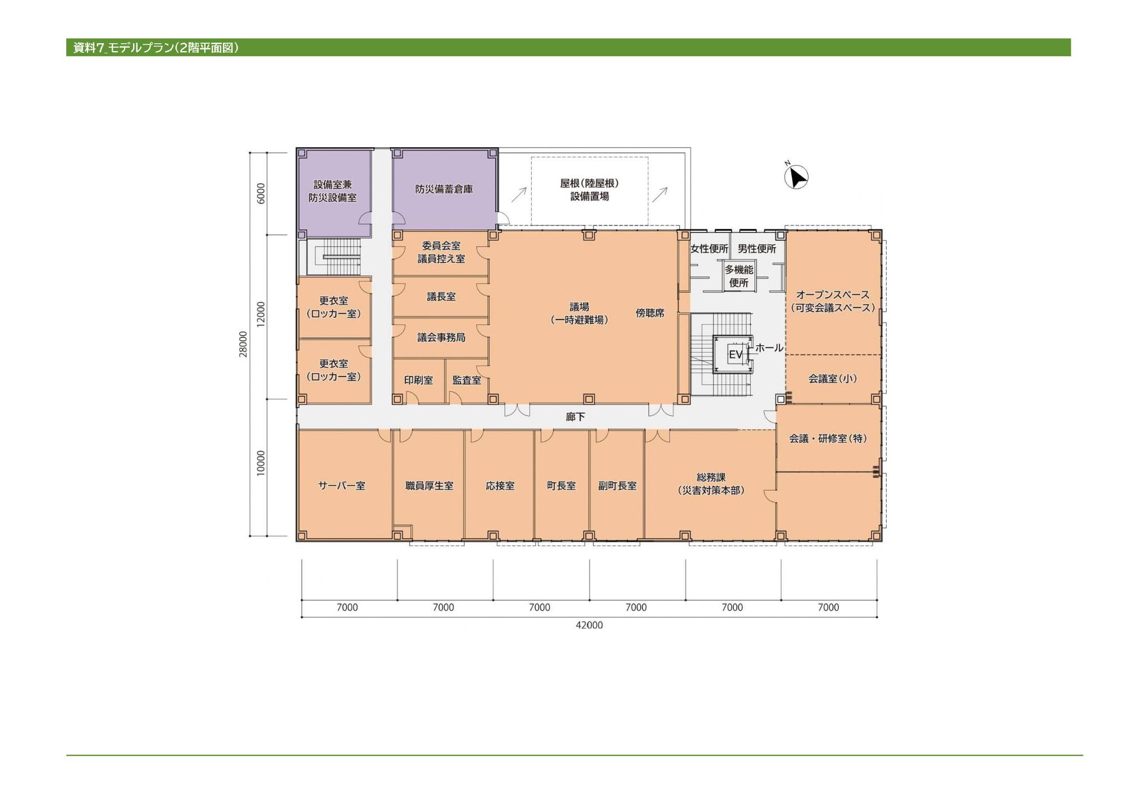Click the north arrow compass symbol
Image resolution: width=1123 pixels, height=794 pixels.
(x=796, y=177)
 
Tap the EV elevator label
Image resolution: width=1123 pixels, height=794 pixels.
(x=736, y=355)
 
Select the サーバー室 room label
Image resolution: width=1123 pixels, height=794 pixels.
(x=341, y=486)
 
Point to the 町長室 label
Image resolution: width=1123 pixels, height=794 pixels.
(x=561, y=486)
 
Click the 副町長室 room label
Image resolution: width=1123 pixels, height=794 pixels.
(x=617, y=486)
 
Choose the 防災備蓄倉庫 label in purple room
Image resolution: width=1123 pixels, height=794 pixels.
(x=444, y=189)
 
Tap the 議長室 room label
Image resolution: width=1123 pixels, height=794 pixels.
(x=441, y=296)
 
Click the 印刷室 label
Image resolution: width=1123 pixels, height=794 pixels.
(x=418, y=380)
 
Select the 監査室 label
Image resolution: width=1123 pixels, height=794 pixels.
(x=467, y=380)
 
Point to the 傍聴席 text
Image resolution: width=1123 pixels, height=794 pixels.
(x=650, y=313)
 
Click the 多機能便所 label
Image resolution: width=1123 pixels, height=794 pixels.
(x=739, y=276)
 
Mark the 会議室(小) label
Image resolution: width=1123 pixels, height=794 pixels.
(x=833, y=378)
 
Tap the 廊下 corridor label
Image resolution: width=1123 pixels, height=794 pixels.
(x=576, y=417)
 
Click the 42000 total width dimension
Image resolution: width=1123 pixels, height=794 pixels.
(x=589, y=625)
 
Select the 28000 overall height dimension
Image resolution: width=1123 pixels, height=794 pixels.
(x=243, y=344)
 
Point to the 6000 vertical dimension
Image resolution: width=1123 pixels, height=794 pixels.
(x=261, y=193)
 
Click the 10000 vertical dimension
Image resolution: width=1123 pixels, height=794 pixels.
(x=261, y=463)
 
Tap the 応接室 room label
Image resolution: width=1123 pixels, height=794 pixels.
(x=500, y=486)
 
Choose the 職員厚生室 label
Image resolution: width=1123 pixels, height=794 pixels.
(x=430, y=486)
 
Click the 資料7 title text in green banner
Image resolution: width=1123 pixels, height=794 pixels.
(x=89, y=48)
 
